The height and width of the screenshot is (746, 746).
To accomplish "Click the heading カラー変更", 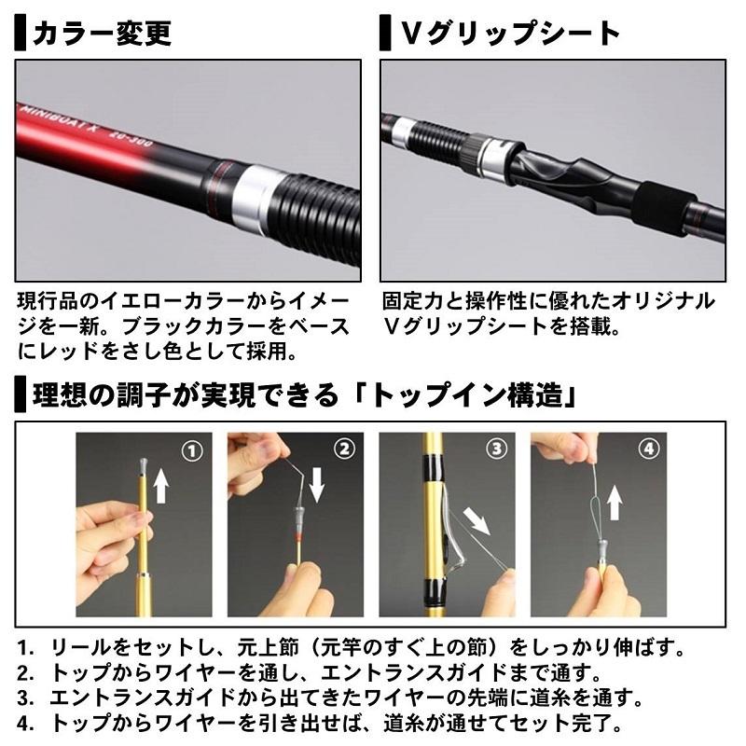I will tap(102, 34).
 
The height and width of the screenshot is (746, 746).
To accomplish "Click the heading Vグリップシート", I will tap(509, 34).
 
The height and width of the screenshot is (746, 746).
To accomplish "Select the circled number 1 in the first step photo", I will tap(192, 451).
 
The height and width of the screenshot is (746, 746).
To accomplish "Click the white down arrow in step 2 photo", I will tap(317, 485).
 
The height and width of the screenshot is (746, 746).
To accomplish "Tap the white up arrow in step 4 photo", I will tap(614, 503).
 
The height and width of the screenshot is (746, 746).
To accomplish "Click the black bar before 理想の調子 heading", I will tap(20, 396).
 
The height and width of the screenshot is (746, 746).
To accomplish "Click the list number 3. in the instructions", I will tap(27, 696).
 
